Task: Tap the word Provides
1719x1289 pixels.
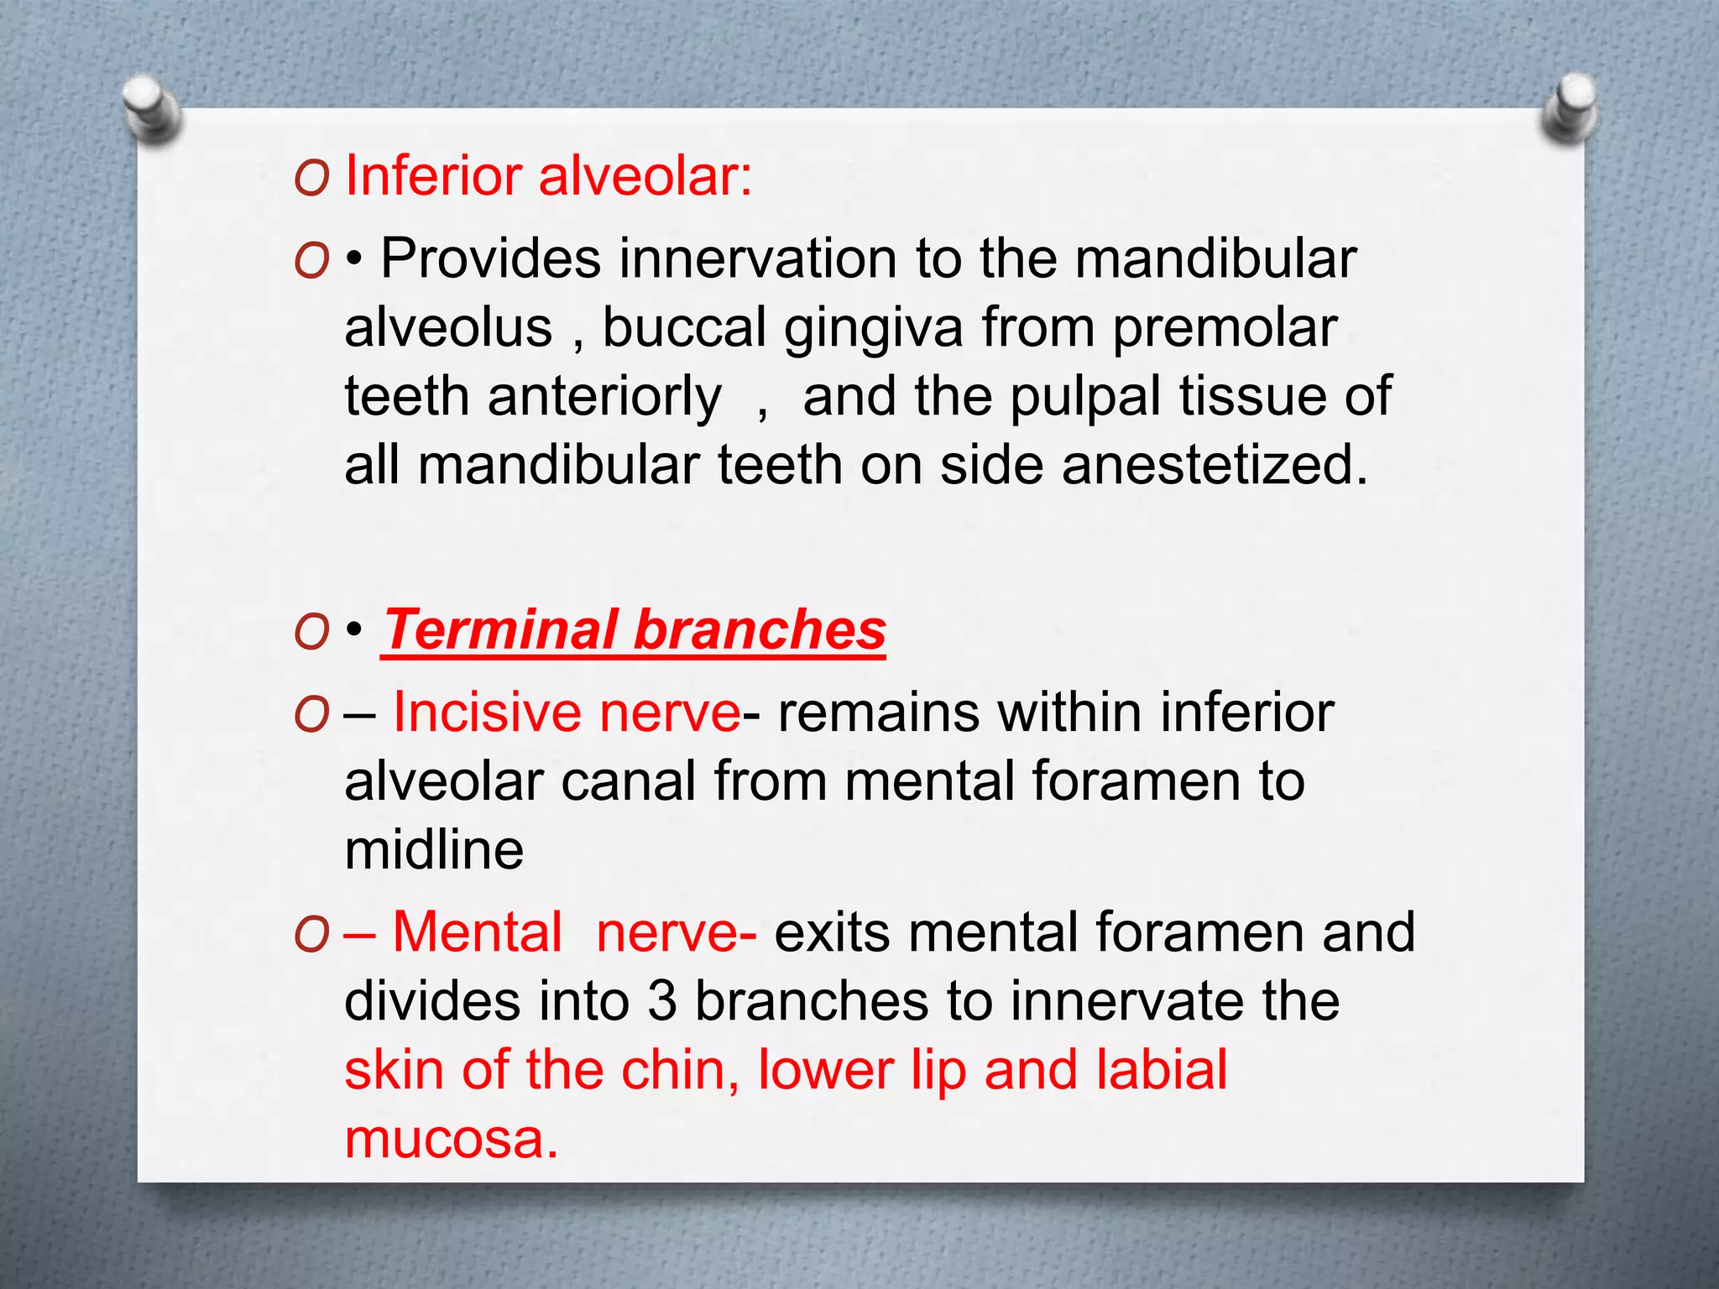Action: (x=491, y=258)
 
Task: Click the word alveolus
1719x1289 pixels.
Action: (x=448, y=327)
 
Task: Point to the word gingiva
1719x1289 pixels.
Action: (x=873, y=329)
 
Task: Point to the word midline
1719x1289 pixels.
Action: (x=434, y=850)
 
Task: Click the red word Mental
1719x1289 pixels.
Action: (x=478, y=932)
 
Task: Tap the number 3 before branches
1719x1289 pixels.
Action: (x=662, y=1001)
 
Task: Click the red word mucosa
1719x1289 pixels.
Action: (x=451, y=1140)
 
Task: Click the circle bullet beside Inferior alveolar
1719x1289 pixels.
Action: (x=311, y=179)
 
